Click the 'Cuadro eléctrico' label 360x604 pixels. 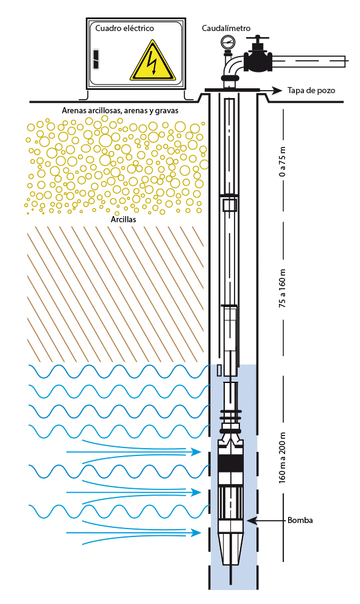click(x=124, y=28)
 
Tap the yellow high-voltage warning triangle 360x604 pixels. click(x=153, y=63)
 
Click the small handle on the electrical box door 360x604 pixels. click(x=96, y=59)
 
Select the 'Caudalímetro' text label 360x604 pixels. click(x=226, y=28)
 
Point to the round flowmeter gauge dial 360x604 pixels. click(x=227, y=41)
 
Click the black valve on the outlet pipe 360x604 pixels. click(x=258, y=58)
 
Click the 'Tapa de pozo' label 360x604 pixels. click(x=311, y=91)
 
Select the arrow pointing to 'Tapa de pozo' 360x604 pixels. click(x=270, y=91)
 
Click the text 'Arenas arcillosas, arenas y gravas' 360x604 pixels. click(x=120, y=111)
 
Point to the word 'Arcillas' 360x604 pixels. click(x=123, y=220)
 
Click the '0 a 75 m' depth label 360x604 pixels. click(x=283, y=161)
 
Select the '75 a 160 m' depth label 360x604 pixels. click(x=283, y=288)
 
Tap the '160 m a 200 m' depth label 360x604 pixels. click(x=283, y=457)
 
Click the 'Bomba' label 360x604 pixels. click(x=300, y=521)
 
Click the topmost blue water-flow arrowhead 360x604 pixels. click(x=197, y=451)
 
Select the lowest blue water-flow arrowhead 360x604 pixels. click(x=197, y=533)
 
